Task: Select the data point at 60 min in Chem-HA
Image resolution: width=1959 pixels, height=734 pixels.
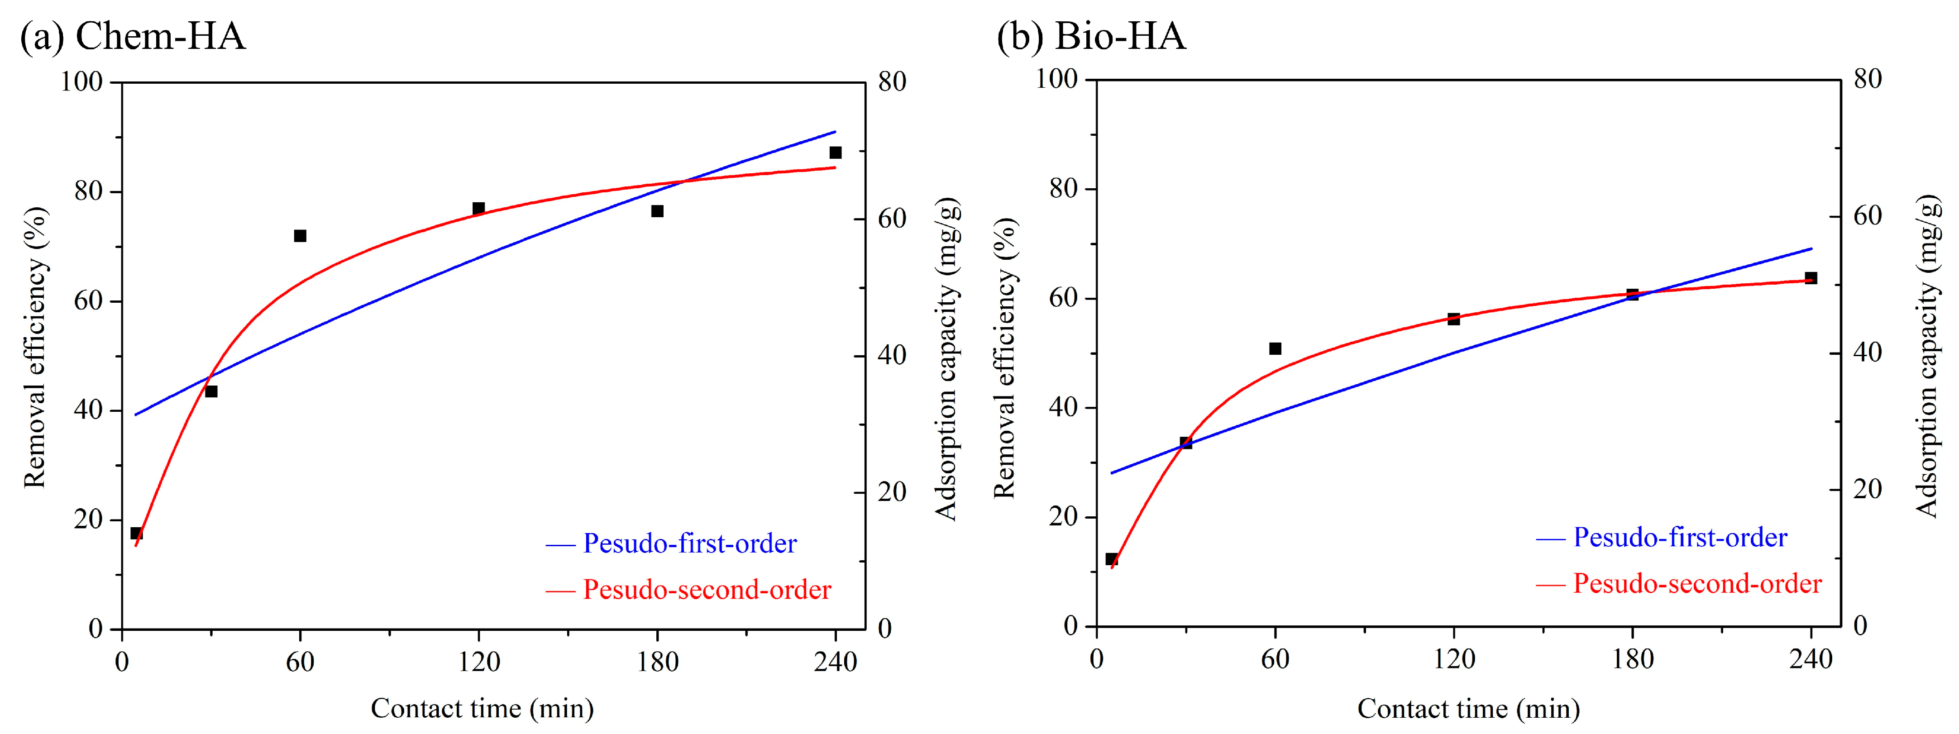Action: pos(301,236)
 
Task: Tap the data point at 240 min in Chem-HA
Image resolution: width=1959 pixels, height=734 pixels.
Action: pos(835,153)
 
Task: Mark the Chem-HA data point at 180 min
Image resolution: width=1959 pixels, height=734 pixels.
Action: pos(657,211)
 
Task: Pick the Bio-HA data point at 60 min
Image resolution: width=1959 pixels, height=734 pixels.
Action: pos(1276,348)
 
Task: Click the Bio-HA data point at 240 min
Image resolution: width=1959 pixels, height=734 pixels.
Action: pos(1811,278)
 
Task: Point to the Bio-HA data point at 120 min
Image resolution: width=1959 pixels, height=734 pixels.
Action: pos(1453,319)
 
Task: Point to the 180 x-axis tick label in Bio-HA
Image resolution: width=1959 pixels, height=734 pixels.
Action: pos(1633,659)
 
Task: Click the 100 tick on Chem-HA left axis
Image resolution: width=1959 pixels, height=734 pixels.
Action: pos(81,81)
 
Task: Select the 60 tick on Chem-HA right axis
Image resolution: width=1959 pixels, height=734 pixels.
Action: pos(892,219)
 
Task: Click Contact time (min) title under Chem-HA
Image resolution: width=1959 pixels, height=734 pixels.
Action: pos(482,709)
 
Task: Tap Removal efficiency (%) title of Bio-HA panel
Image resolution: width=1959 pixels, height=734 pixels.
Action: pos(1004,357)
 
